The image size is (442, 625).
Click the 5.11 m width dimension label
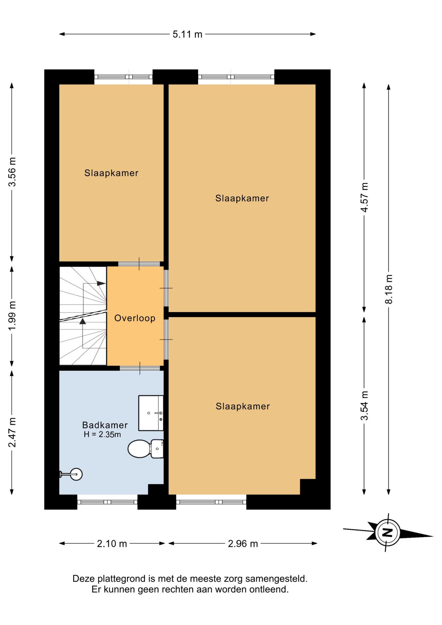[x=187, y=34]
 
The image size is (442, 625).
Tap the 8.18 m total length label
[x=389, y=289]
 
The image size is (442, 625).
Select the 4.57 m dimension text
[x=364, y=197]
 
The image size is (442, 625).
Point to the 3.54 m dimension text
[x=364, y=406]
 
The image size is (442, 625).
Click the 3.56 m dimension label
[x=12, y=172]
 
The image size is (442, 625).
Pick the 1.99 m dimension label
[x=12, y=316]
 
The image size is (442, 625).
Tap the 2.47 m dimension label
[x=12, y=432]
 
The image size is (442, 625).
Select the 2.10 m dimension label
[x=112, y=544]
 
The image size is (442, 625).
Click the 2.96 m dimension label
[x=243, y=544]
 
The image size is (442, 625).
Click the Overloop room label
[x=135, y=318]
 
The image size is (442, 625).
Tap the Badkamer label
[x=105, y=425]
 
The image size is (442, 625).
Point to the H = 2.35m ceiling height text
[x=102, y=435]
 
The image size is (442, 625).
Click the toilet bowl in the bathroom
[x=139, y=449]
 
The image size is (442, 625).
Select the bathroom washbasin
[x=151, y=413]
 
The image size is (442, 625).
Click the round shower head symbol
[x=76, y=474]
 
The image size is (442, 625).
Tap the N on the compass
[x=388, y=533]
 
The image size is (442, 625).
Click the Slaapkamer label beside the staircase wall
[x=111, y=173]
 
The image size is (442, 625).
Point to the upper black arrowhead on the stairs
[x=101, y=284]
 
